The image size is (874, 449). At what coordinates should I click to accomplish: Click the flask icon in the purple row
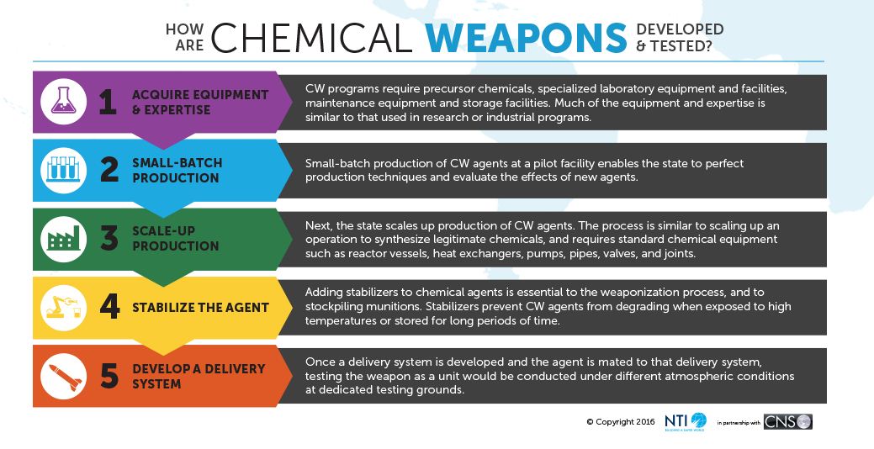(x=64, y=102)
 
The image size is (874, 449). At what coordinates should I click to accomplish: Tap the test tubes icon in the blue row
(x=64, y=169)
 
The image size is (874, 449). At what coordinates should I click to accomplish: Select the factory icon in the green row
(x=64, y=239)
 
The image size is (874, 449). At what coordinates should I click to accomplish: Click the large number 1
(x=108, y=102)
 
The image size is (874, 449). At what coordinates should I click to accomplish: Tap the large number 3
(x=109, y=238)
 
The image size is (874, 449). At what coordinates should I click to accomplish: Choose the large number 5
(x=109, y=376)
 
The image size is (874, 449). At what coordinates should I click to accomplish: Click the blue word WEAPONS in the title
(x=526, y=38)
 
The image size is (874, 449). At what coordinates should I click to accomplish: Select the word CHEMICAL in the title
(x=311, y=38)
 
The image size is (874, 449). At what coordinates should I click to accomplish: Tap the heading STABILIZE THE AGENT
(x=201, y=308)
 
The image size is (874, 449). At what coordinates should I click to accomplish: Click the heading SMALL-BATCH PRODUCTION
(x=177, y=171)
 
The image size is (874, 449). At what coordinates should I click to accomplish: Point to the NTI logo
(x=685, y=422)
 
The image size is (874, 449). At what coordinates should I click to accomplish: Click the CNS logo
(x=787, y=422)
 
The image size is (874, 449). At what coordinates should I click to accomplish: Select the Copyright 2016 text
(x=621, y=422)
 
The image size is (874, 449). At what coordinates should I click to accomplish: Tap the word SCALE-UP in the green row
(x=163, y=231)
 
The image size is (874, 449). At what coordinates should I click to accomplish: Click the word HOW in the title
(x=184, y=29)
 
